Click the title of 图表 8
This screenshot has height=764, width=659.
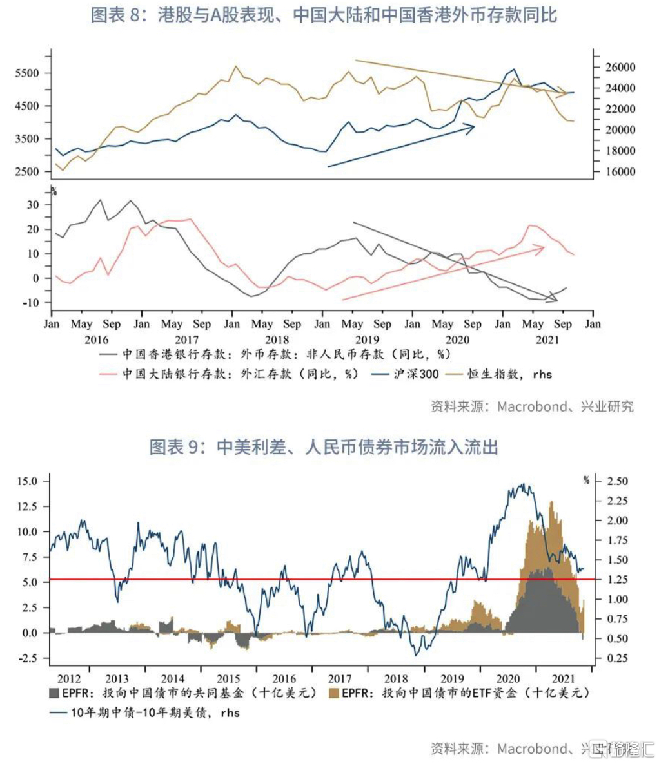pyautogui.click(x=324, y=15)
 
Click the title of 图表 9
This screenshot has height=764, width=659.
pyautogui.click(x=324, y=446)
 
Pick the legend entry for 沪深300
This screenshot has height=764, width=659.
pyautogui.click(x=415, y=374)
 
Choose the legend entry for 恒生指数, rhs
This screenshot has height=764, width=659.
pyautogui.click(x=509, y=374)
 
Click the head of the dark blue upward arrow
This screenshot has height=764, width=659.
pyautogui.click(x=474, y=126)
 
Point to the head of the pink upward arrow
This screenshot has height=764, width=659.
pyautogui.click(x=544, y=247)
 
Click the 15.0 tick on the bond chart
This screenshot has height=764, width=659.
pyautogui.click(x=28, y=481)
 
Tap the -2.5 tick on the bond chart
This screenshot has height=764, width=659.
pyautogui.click(x=28, y=658)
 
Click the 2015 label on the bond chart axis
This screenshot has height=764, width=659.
pyautogui.click(x=228, y=678)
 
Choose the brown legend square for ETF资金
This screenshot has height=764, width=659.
pyautogui.click(x=334, y=693)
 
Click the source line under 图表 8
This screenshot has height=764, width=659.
pyautogui.click(x=531, y=406)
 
